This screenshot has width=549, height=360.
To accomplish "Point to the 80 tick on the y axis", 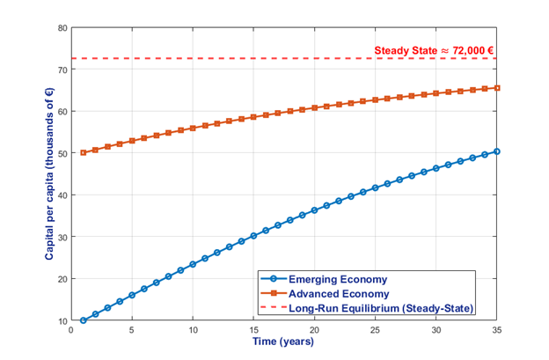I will [62, 28].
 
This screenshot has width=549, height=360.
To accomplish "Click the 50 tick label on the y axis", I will [62, 153].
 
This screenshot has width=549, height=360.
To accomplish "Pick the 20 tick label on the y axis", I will [62, 278].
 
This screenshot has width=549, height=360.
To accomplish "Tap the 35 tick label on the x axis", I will [498, 330].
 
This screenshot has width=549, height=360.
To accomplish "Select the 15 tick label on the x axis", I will [253, 330].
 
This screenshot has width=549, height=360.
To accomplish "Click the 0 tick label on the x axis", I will [71, 330].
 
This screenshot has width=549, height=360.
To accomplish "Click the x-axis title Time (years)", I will [284, 342].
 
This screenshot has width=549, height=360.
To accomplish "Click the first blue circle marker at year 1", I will [84, 320].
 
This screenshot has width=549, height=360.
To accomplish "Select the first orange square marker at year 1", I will [84, 152].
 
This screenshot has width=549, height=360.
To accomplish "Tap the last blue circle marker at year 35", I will [498, 151].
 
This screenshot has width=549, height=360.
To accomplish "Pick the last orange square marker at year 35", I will [498, 88].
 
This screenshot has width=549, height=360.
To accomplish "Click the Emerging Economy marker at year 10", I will [193, 264].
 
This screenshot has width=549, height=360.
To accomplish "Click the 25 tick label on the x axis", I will [376, 330].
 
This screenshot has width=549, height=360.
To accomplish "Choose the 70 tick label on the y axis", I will [62, 70].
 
